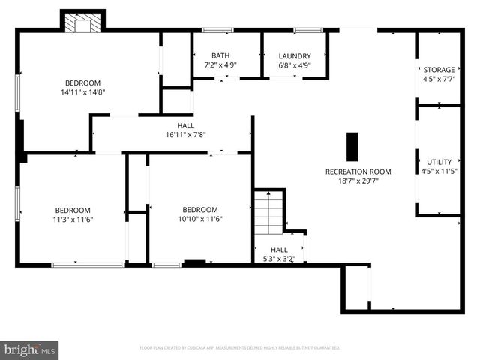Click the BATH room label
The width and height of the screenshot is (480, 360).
click(220, 55)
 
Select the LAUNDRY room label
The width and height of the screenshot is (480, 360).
click(294, 55)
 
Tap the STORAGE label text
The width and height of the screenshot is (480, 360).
click(439, 70)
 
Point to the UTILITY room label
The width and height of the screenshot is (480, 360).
click(439, 162)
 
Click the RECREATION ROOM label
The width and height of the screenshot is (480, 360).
click(358, 172)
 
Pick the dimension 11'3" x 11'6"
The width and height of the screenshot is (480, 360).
click(72, 219)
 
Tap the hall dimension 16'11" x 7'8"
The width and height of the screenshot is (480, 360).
click(185, 135)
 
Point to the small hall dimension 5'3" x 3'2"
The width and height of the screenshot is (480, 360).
click(278, 259)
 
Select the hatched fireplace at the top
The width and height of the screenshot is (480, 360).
click(78, 24)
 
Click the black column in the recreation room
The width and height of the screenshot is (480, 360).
click(352, 147)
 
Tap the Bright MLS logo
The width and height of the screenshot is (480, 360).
click(29, 349)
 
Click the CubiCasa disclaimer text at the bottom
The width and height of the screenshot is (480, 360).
click(240, 348)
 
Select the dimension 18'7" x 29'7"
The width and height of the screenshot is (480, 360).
click(358, 181)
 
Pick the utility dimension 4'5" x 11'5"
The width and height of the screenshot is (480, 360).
click(439, 171)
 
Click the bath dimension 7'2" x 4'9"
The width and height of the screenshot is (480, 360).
click(220, 65)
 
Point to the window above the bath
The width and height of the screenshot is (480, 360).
click(217, 30)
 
